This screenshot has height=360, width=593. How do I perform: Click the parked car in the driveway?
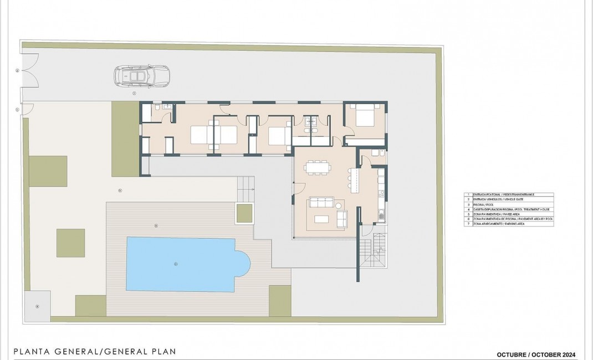[x=141, y=76]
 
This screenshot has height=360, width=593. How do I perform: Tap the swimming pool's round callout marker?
[x=176, y=264]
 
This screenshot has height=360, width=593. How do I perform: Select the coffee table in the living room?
[x=322, y=219]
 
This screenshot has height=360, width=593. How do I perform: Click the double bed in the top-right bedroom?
[x=365, y=117]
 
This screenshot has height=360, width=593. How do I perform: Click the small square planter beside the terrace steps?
[x=244, y=213]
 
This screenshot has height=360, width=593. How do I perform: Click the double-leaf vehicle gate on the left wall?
[x=30, y=71]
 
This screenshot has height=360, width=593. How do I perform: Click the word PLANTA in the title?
[x=29, y=351]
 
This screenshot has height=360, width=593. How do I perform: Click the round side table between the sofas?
[x=339, y=206]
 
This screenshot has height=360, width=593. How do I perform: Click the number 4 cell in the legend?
[x=468, y=209]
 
